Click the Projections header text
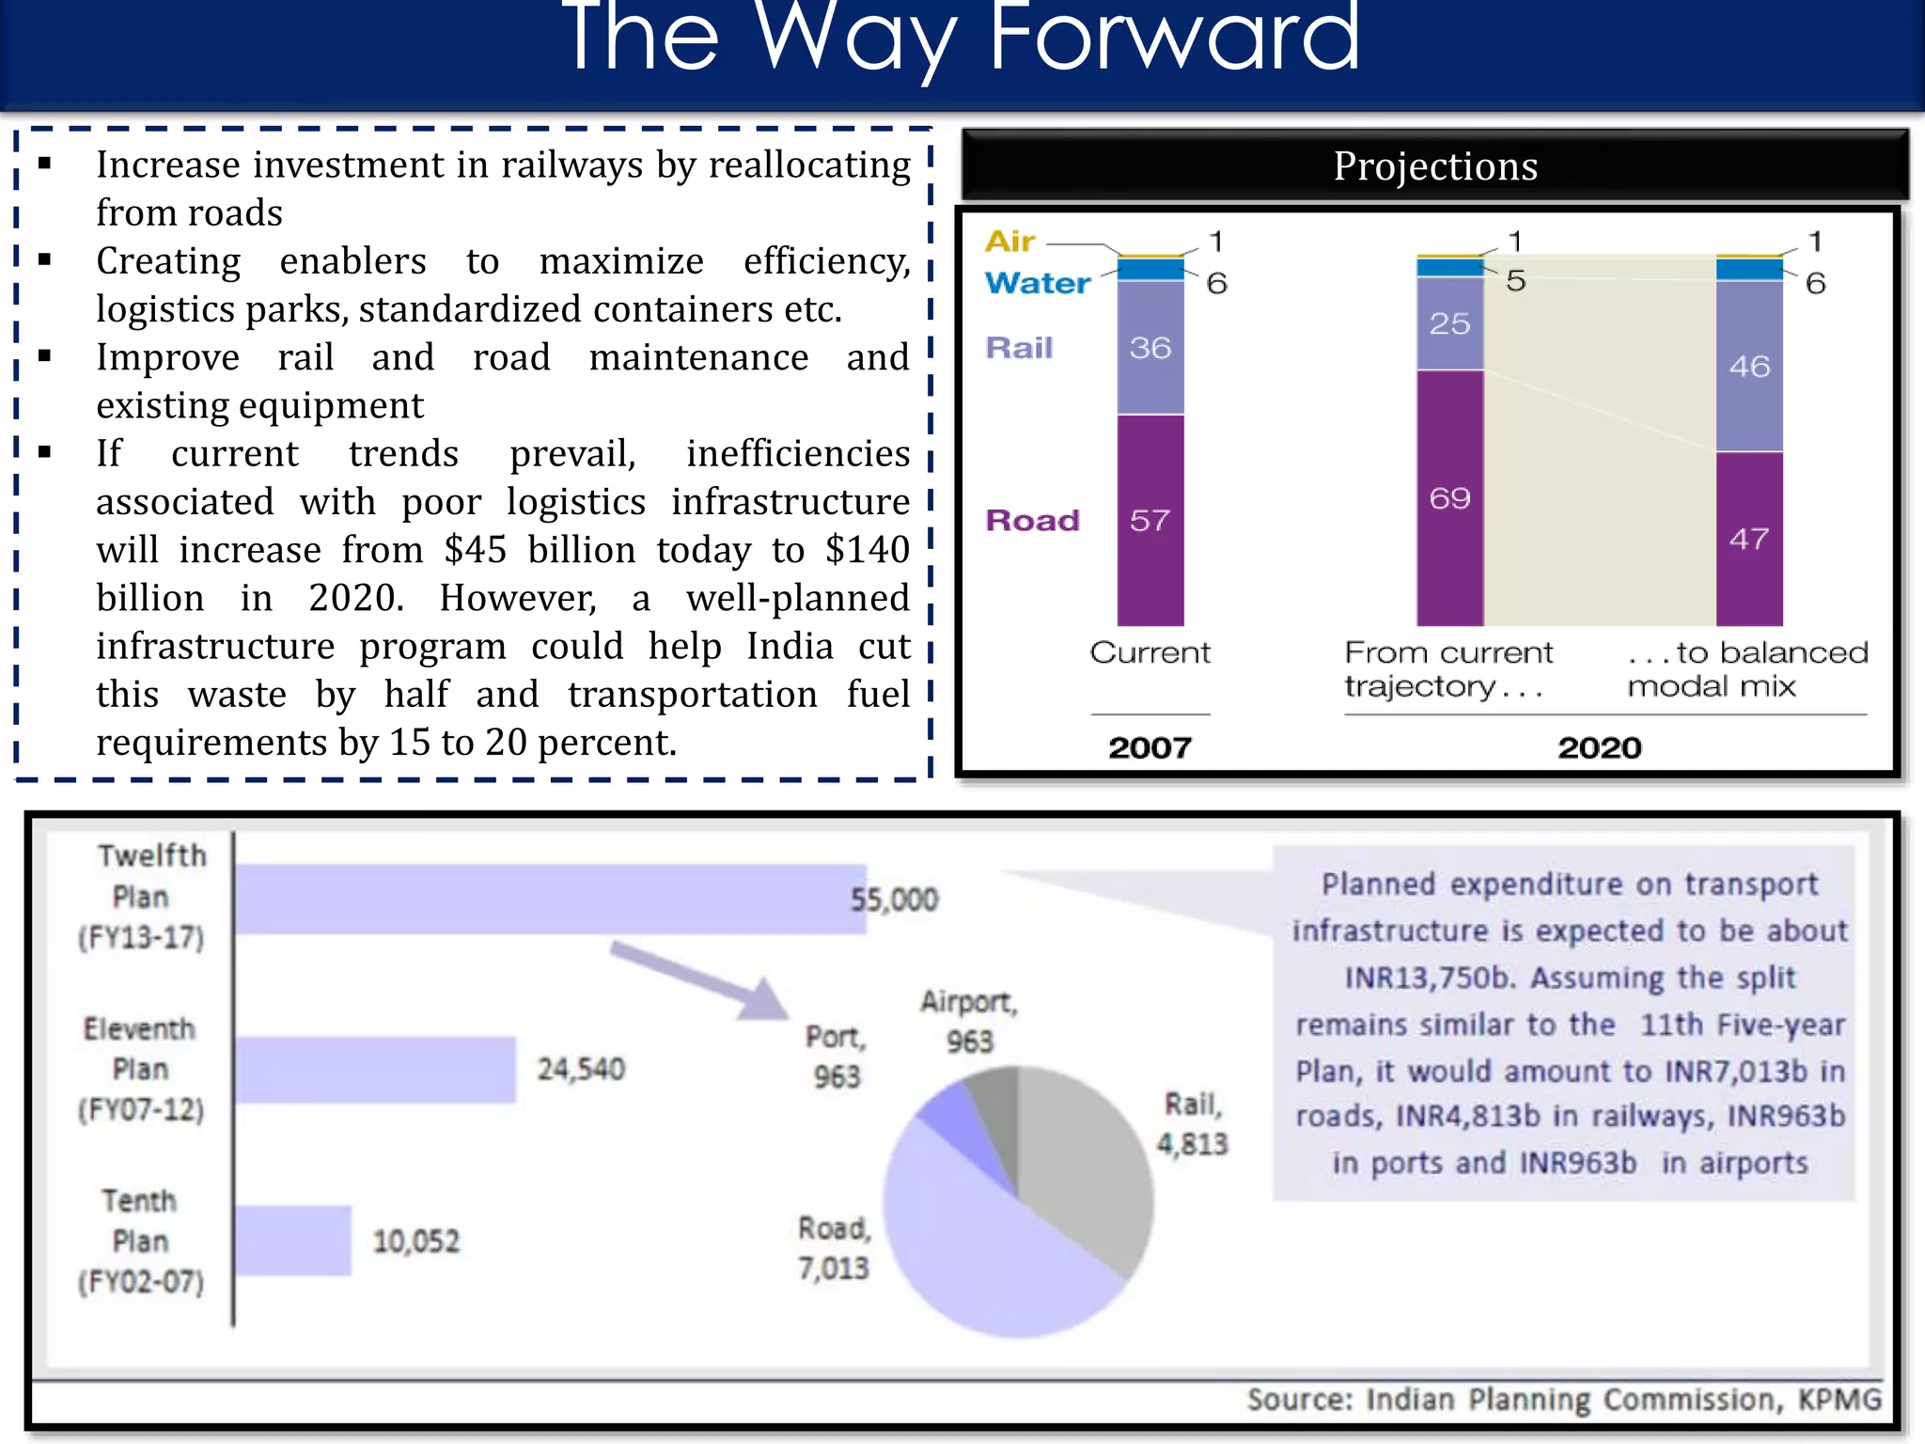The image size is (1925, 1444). (1435, 166)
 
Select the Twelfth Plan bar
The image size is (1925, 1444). (550, 899)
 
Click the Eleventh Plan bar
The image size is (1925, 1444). (375, 1069)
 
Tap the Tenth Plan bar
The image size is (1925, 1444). (292, 1241)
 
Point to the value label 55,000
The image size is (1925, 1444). (894, 900)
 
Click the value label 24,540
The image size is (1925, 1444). (581, 1069)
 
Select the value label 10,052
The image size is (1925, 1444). (416, 1242)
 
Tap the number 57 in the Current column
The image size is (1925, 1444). (1150, 521)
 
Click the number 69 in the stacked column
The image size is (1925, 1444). (1449, 498)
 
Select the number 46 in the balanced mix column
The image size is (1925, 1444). (1749, 367)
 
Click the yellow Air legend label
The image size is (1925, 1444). (1010, 242)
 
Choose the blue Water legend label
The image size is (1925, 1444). (1038, 283)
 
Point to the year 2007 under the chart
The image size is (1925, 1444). (1150, 747)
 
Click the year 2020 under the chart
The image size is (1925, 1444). (1599, 747)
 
